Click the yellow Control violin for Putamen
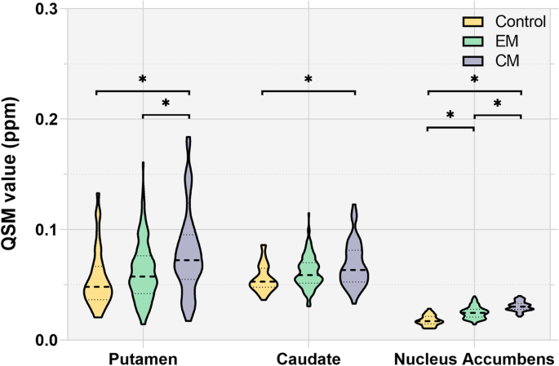[97, 281]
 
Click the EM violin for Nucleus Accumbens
[473, 312]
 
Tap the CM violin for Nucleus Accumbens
[520, 306]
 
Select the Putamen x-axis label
[143, 359]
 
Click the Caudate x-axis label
[308, 359]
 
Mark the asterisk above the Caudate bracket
[308, 80]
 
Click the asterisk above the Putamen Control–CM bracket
[143, 80]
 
